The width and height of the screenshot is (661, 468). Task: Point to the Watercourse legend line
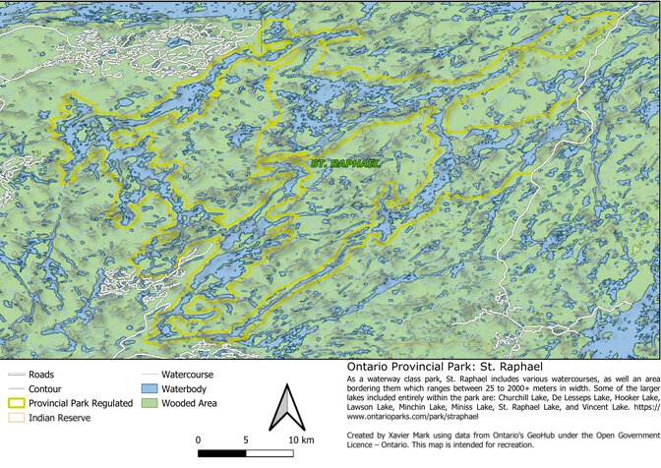tap(150, 375)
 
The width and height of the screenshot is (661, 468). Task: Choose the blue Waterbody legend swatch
tap(150, 388)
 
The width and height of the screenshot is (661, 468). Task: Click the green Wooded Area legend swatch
tap(150, 403)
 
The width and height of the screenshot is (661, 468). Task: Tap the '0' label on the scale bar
tap(200, 439)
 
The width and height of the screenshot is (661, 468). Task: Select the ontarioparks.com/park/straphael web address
tap(413, 418)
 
